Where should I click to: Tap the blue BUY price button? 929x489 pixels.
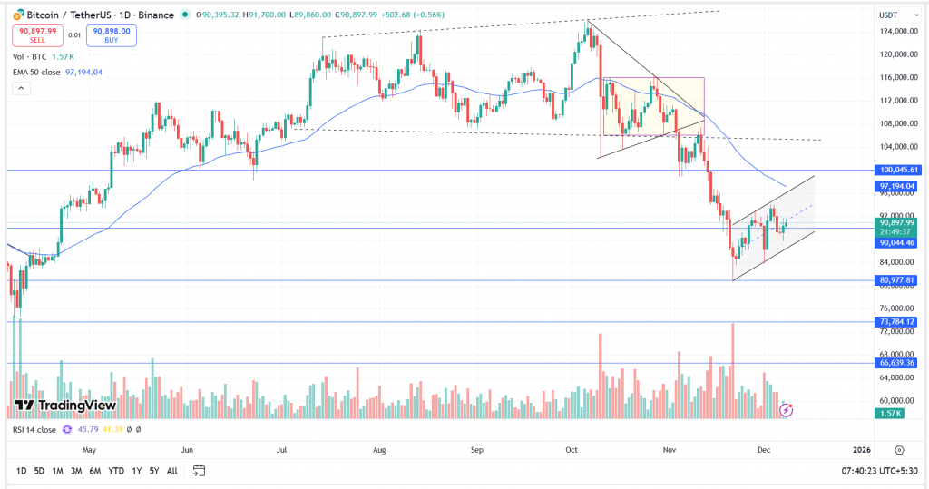coord(111,34)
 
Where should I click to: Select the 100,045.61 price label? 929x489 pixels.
coord(899,170)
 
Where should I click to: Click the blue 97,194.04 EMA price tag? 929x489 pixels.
coord(899,186)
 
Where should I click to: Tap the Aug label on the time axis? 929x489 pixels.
coord(380,449)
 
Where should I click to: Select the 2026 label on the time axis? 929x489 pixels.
coord(862,449)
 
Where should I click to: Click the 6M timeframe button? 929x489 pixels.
coord(94,471)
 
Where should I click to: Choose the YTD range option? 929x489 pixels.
coord(115,471)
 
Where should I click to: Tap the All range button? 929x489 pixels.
coord(172,471)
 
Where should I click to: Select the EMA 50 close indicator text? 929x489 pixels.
coord(38,72)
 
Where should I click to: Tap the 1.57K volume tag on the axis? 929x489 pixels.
coord(890,414)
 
